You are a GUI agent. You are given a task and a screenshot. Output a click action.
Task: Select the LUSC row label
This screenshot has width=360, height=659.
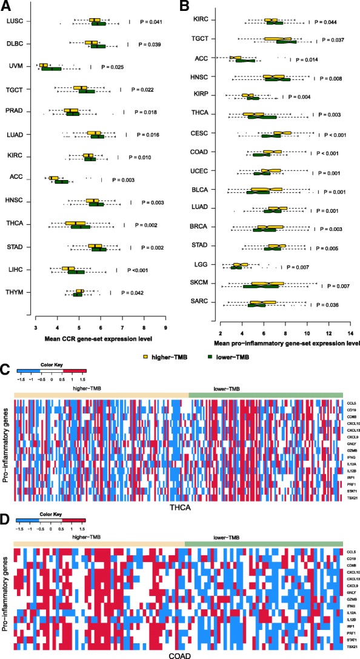(15, 22)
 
